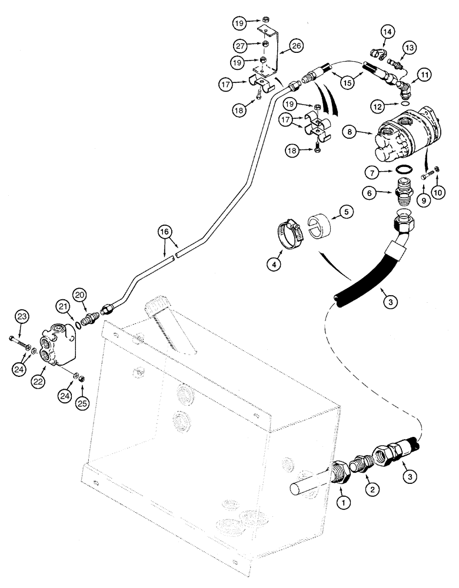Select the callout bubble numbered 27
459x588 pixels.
point(240,45)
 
